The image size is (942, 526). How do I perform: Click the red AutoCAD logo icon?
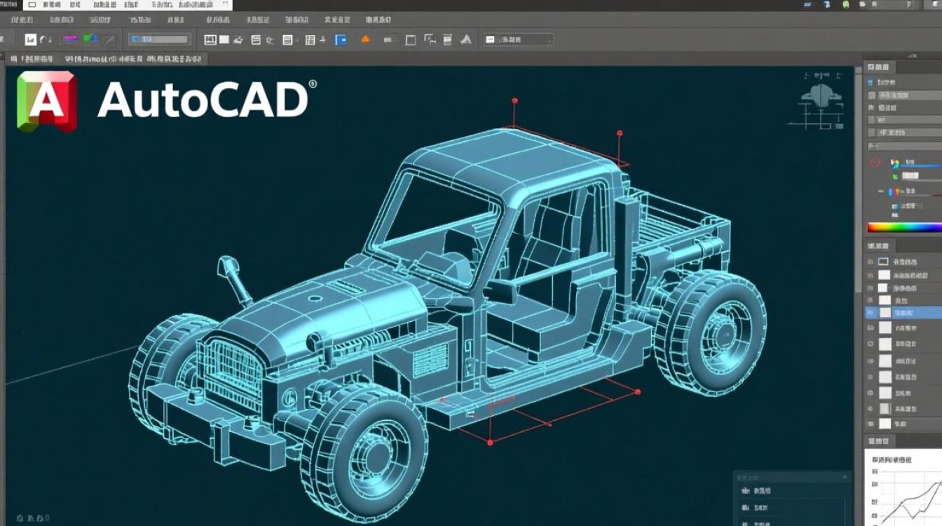point(46,101)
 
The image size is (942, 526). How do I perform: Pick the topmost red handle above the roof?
point(514,101)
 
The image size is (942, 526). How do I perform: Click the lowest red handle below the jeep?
point(490,443)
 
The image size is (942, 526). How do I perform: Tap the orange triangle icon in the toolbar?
point(365,40)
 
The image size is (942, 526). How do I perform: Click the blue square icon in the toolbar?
point(341,40)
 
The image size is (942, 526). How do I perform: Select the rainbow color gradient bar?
point(904,227)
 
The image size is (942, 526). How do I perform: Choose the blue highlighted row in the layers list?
point(904,313)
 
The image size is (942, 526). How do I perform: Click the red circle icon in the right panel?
point(874,163)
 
